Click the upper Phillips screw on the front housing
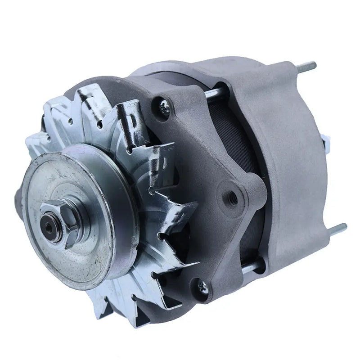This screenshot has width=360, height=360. [x=163, y=107]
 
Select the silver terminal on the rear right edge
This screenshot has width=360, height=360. [x=326, y=143]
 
